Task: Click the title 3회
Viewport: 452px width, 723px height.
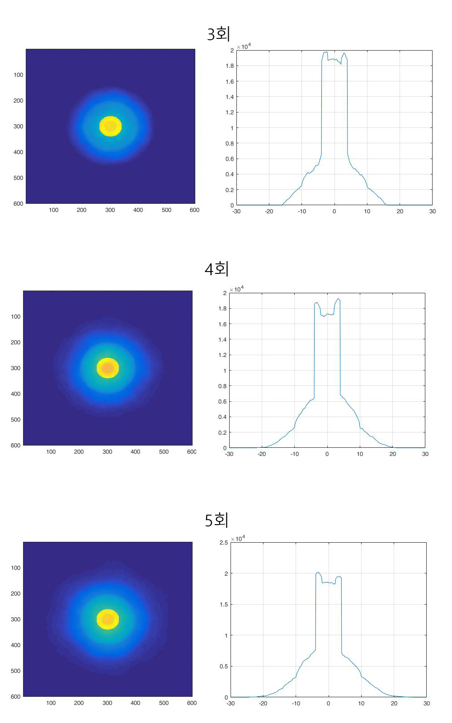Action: coord(218,34)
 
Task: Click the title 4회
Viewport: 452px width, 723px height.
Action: coord(217,269)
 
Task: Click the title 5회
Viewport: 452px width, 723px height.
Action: coord(217,520)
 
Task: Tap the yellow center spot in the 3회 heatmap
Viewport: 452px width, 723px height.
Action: coord(110,126)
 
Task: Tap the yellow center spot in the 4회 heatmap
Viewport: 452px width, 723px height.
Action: coord(108,368)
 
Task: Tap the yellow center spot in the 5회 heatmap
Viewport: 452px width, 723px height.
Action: coord(108,619)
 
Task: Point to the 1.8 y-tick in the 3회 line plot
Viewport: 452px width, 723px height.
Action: coord(230,66)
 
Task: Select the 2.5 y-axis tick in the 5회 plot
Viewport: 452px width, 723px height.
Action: coord(223,542)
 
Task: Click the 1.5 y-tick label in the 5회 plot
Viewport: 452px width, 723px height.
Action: coord(223,604)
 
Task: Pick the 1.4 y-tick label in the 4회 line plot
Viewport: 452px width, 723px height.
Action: coord(222,339)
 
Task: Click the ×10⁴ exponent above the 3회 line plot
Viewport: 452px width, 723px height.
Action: coord(244,47)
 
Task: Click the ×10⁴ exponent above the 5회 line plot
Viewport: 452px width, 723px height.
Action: coord(238,539)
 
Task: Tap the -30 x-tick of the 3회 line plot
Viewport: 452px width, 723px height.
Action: coord(236,211)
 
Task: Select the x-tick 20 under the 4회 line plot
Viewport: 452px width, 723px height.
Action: coord(392,454)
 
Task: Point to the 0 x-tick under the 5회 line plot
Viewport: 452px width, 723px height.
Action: coord(328,704)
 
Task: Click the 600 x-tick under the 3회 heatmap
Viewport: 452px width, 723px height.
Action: coord(194,210)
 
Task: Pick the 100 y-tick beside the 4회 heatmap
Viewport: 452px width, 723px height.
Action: coord(15,317)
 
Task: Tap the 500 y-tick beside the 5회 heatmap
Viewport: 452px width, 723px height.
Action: coord(15,671)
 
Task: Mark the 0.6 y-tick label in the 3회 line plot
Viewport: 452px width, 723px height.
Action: coord(230,159)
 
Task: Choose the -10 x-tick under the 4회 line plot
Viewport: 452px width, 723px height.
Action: coord(294,454)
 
